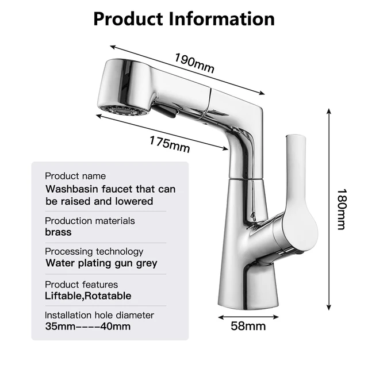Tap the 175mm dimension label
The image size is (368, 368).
pos(169,143)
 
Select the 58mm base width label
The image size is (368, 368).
pos(248,326)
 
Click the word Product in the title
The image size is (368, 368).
pos(128,18)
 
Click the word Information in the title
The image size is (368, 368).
pos(221,18)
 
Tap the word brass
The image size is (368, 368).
pos(58,232)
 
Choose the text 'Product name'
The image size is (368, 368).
pos(75,176)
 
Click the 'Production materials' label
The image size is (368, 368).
pos(90,221)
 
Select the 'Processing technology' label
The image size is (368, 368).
pos(94,251)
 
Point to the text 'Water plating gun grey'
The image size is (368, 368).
pos(101,263)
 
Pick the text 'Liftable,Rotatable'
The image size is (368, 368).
pos(88,296)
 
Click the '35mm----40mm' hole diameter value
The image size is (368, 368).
pos(87,327)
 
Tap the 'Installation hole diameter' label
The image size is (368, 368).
pos(99,315)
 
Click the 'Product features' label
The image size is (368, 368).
pos(81,285)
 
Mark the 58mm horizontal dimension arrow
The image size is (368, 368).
pos(248,316)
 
